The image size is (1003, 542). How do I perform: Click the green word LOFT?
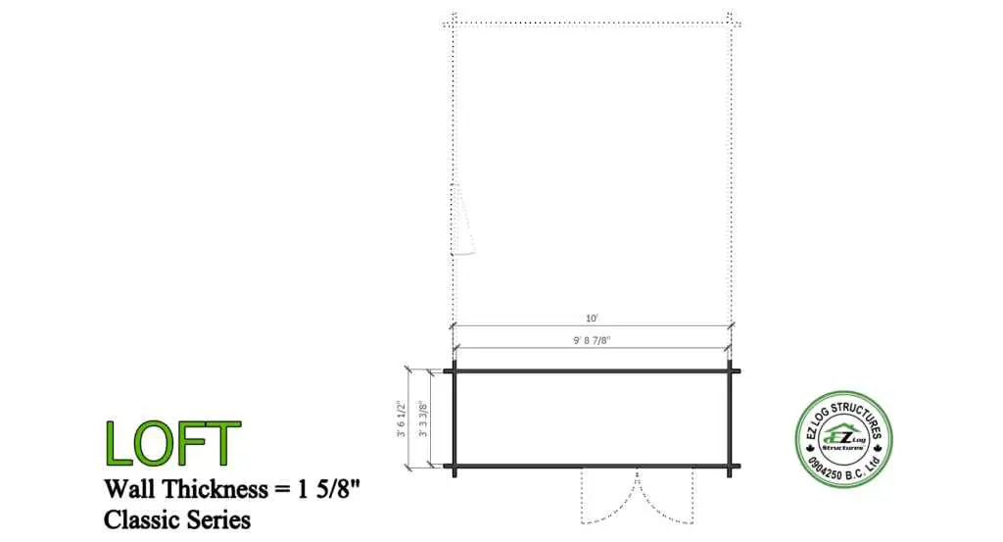pos(172,443)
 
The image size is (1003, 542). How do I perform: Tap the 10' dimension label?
pos(592,318)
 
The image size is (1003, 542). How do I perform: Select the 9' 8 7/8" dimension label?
pos(592,340)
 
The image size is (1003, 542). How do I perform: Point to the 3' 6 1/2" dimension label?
pos(401,419)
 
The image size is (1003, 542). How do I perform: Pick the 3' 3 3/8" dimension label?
pos(423,419)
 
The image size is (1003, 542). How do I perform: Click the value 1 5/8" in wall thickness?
pos(329,489)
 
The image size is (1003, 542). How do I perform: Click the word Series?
pos(218,519)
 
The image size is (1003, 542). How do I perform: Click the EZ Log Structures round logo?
pos(843,439)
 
